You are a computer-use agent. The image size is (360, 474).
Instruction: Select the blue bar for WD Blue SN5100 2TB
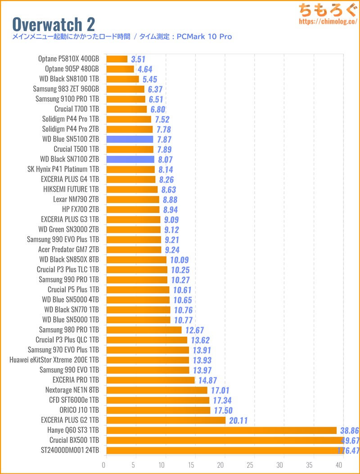coord(130,139)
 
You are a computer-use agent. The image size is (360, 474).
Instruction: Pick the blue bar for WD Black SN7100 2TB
coord(130,159)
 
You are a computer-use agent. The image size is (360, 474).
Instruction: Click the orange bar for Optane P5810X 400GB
coord(117,59)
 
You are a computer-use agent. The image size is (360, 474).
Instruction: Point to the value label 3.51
coord(138,59)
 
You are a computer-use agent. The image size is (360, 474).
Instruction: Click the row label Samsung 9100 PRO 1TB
coord(67,99)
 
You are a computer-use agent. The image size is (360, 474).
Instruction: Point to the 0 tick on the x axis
coord(105,465)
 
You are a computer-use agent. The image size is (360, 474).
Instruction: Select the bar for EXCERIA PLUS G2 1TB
coord(166,420)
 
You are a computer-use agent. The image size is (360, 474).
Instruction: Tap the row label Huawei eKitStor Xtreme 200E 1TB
coord(54,360)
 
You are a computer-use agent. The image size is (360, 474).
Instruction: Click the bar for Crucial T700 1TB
coord(126,109)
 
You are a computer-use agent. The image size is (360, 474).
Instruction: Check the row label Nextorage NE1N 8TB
coord(72,390)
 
